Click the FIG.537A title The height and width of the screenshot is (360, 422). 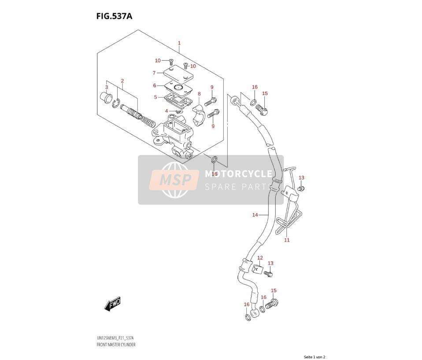(115, 16)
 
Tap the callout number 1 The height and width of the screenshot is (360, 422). (179, 43)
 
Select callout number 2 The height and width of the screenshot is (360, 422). (122, 81)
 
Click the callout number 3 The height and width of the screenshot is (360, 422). (107, 87)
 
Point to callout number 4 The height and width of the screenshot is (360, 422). (167, 111)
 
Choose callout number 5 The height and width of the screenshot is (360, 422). (155, 97)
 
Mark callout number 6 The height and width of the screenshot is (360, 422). (155, 85)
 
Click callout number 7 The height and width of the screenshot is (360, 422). (154, 73)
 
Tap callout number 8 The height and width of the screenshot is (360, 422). (199, 94)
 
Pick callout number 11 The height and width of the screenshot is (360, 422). (287, 240)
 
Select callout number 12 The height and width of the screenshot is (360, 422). (260, 258)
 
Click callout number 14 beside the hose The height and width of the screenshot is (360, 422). (255, 215)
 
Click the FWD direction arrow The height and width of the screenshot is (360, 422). (112, 304)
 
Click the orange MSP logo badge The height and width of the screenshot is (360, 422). (174, 180)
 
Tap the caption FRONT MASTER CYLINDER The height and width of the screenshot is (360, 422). (116, 345)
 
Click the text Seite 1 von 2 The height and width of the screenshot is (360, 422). (315, 357)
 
